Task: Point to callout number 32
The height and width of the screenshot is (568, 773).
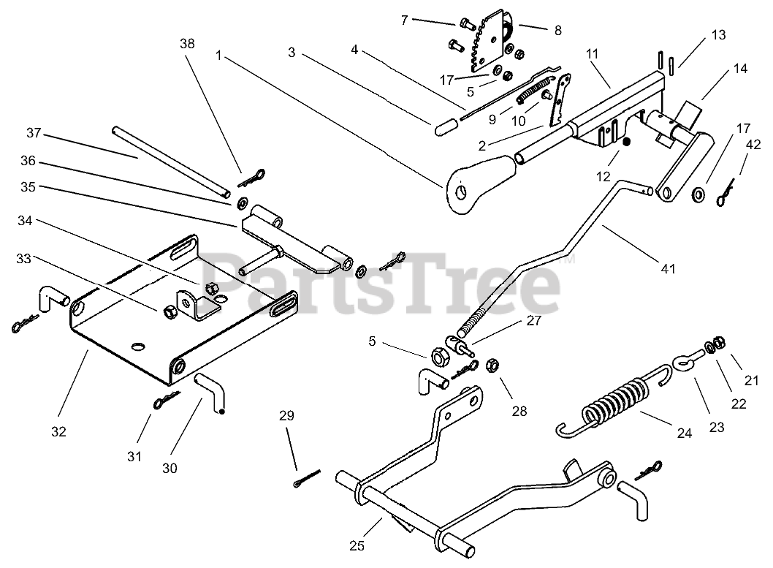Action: (x=58, y=431)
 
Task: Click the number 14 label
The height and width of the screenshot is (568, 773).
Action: (x=740, y=69)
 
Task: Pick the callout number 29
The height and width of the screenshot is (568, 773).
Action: (x=286, y=416)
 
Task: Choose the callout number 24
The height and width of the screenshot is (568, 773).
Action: (x=684, y=433)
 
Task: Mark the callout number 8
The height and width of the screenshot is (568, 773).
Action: (x=557, y=31)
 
